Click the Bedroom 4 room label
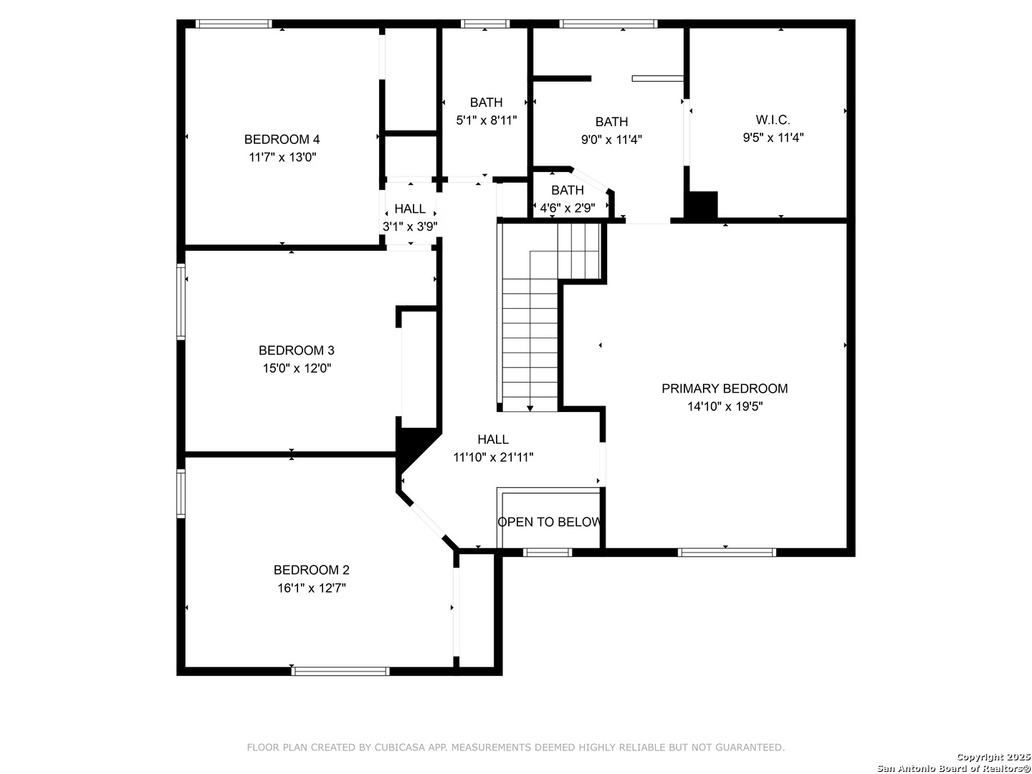point(282,139)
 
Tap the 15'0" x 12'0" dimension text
point(297,368)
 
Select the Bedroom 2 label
point(311,570)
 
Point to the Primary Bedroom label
point(725,388)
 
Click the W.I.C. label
point(773,120)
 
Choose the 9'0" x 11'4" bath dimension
point(611,140)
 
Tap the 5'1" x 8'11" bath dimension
point(486,120)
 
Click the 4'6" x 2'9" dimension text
point(568,208)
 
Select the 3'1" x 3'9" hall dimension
point(410,226)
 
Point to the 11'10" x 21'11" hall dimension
point(493,457)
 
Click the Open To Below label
point(549,522)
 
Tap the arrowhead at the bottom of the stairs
point(530,408)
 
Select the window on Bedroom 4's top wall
point(234,24)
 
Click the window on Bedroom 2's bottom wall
point(340,671)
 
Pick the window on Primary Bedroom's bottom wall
point(727,552)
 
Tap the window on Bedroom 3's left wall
point(181,301)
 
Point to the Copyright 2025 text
point(993,756)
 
